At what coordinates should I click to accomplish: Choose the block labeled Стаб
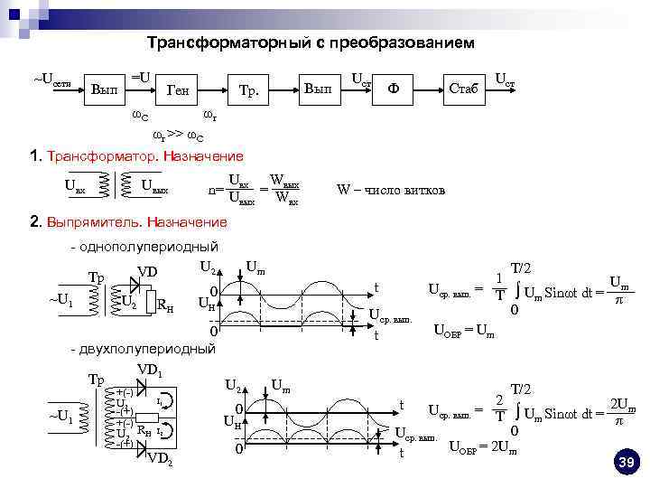click(463, 89)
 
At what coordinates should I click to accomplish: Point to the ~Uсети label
click(52, 80)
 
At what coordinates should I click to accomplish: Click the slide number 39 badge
click(626, 463)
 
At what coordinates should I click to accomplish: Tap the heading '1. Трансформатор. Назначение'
click(136, 155)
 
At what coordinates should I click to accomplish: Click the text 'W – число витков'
click(391, 190)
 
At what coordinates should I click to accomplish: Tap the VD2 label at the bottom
click(160, 459)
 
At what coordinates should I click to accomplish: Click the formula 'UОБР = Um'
click(464, 331)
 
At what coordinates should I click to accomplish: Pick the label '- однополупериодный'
click(145, 247)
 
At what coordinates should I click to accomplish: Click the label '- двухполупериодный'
click(144, 348)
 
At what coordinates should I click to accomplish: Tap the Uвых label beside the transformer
click(155, 188)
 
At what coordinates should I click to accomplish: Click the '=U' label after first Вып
click(141, 79)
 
